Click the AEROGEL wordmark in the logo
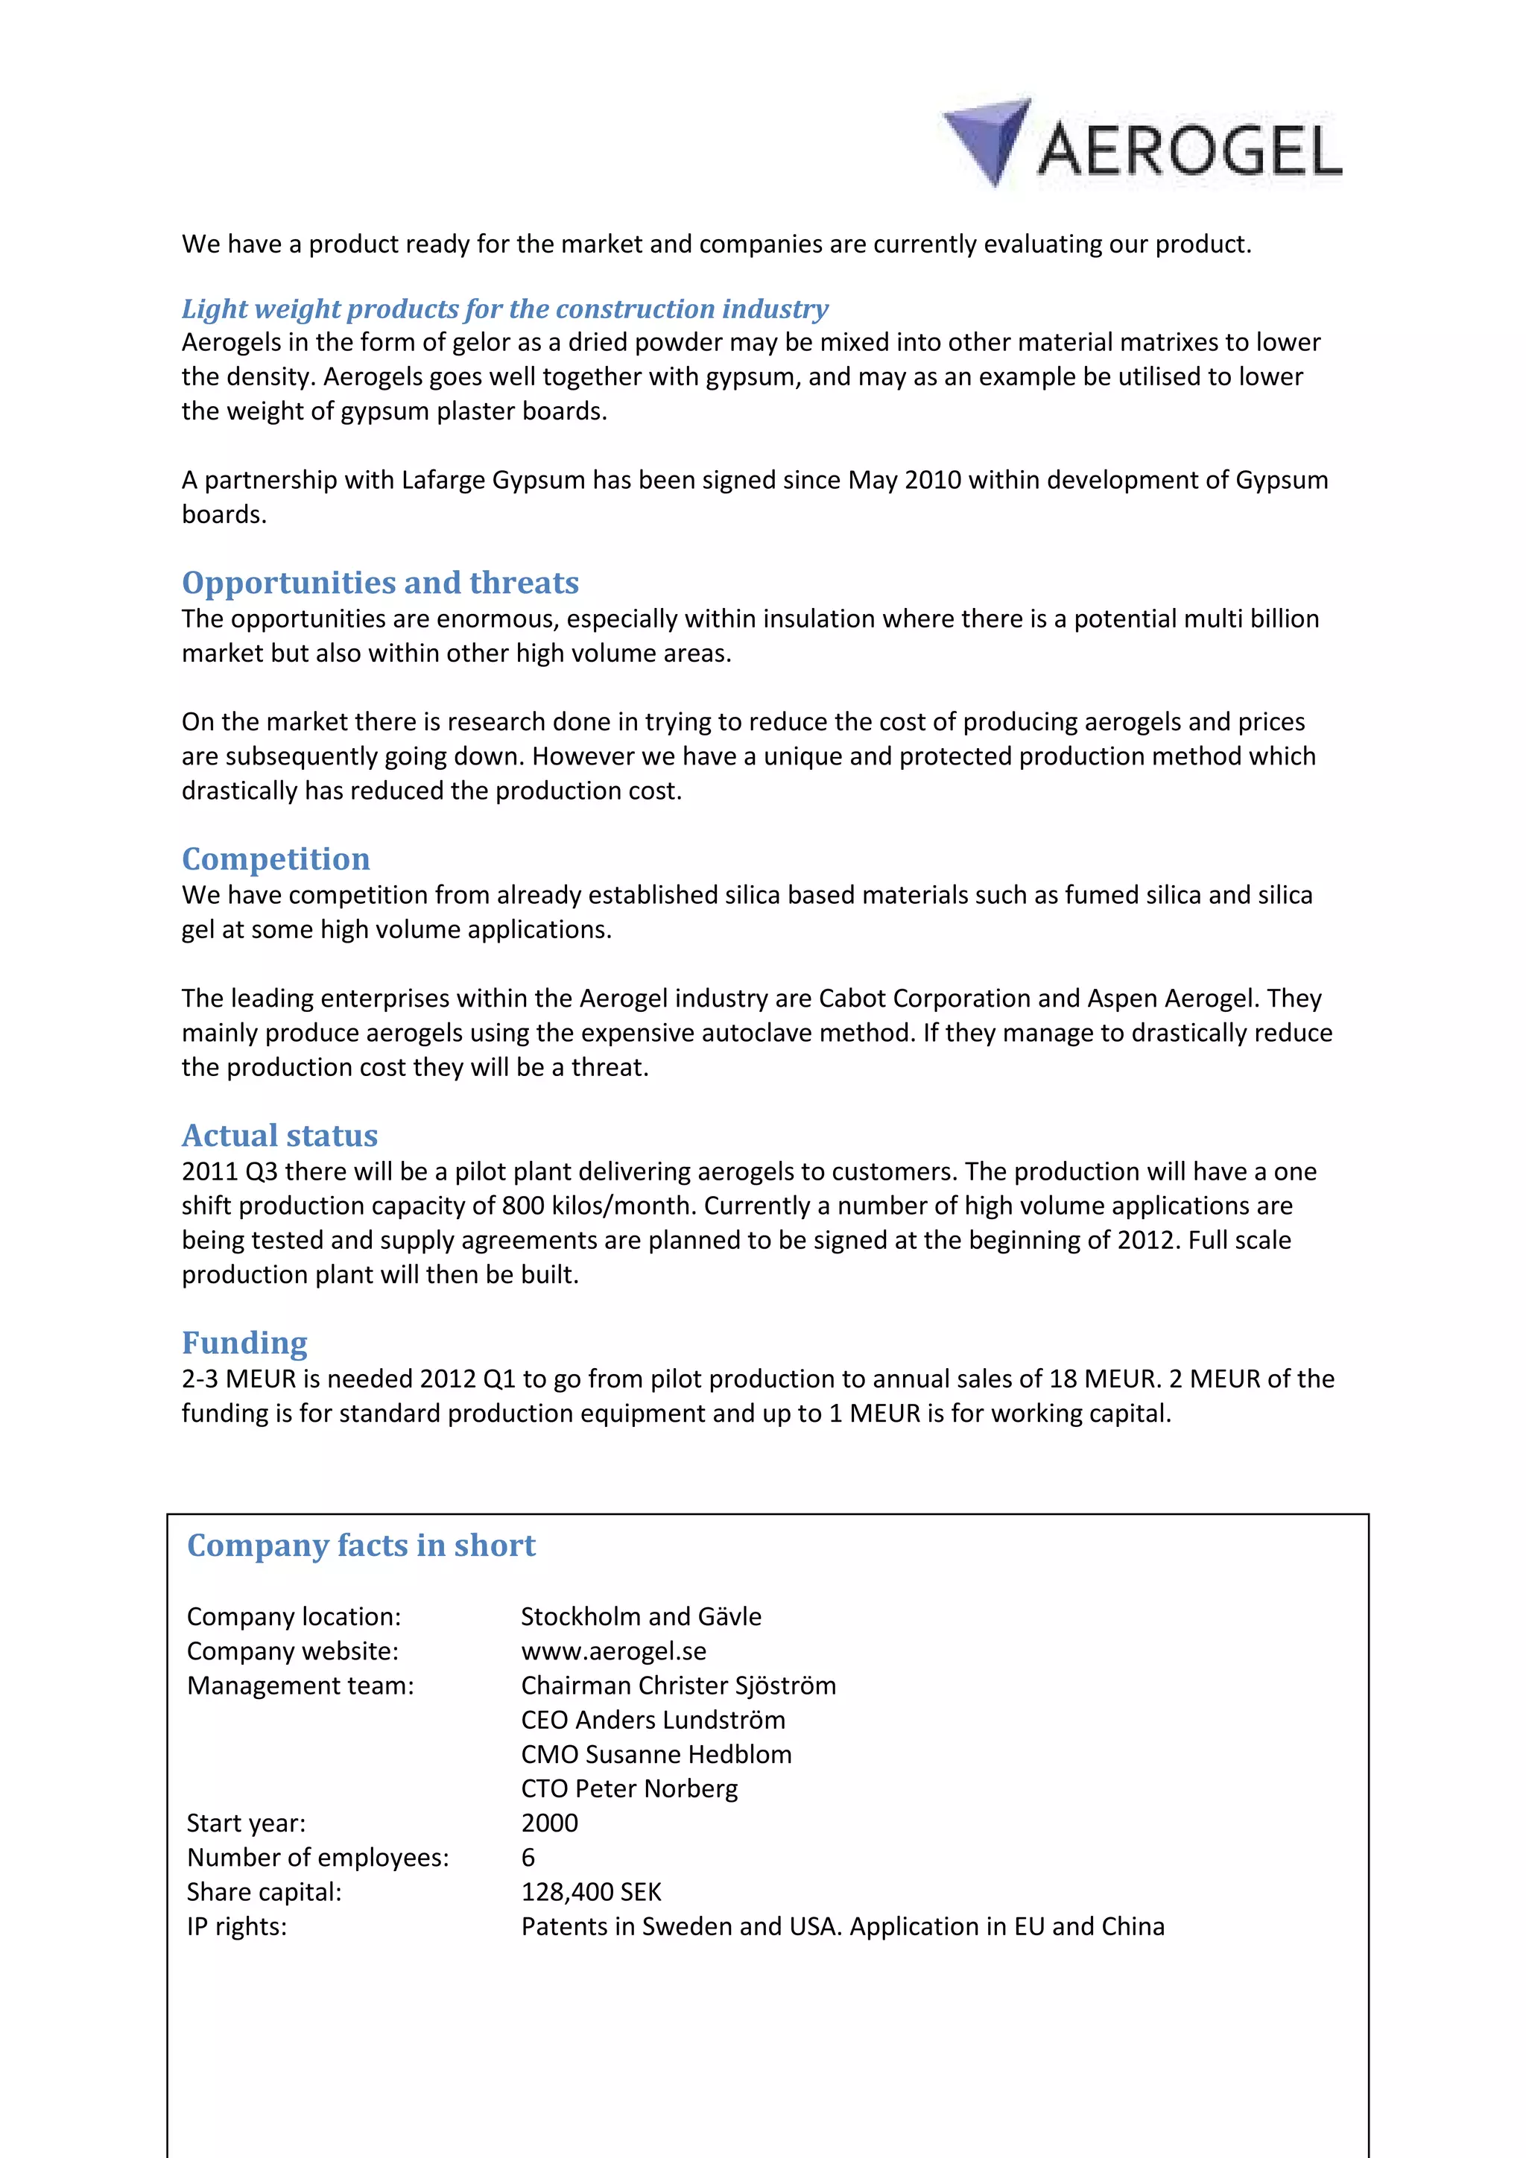[x=1191, y=151]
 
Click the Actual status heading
[x=279, y=1136]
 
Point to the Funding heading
[x=244, y=1343]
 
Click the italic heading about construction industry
[x=504, y=308]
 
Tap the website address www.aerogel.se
[x=613, y=1651]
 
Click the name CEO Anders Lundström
[x=653, y=1720]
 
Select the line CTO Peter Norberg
[x=630, y=1788]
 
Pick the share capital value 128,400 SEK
[x=591, y=1892]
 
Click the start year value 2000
[x=550, y=1823]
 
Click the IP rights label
[x=237, y=1927]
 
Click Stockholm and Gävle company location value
[x=641, y=1616]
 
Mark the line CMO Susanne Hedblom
[x=656, y=1755]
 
